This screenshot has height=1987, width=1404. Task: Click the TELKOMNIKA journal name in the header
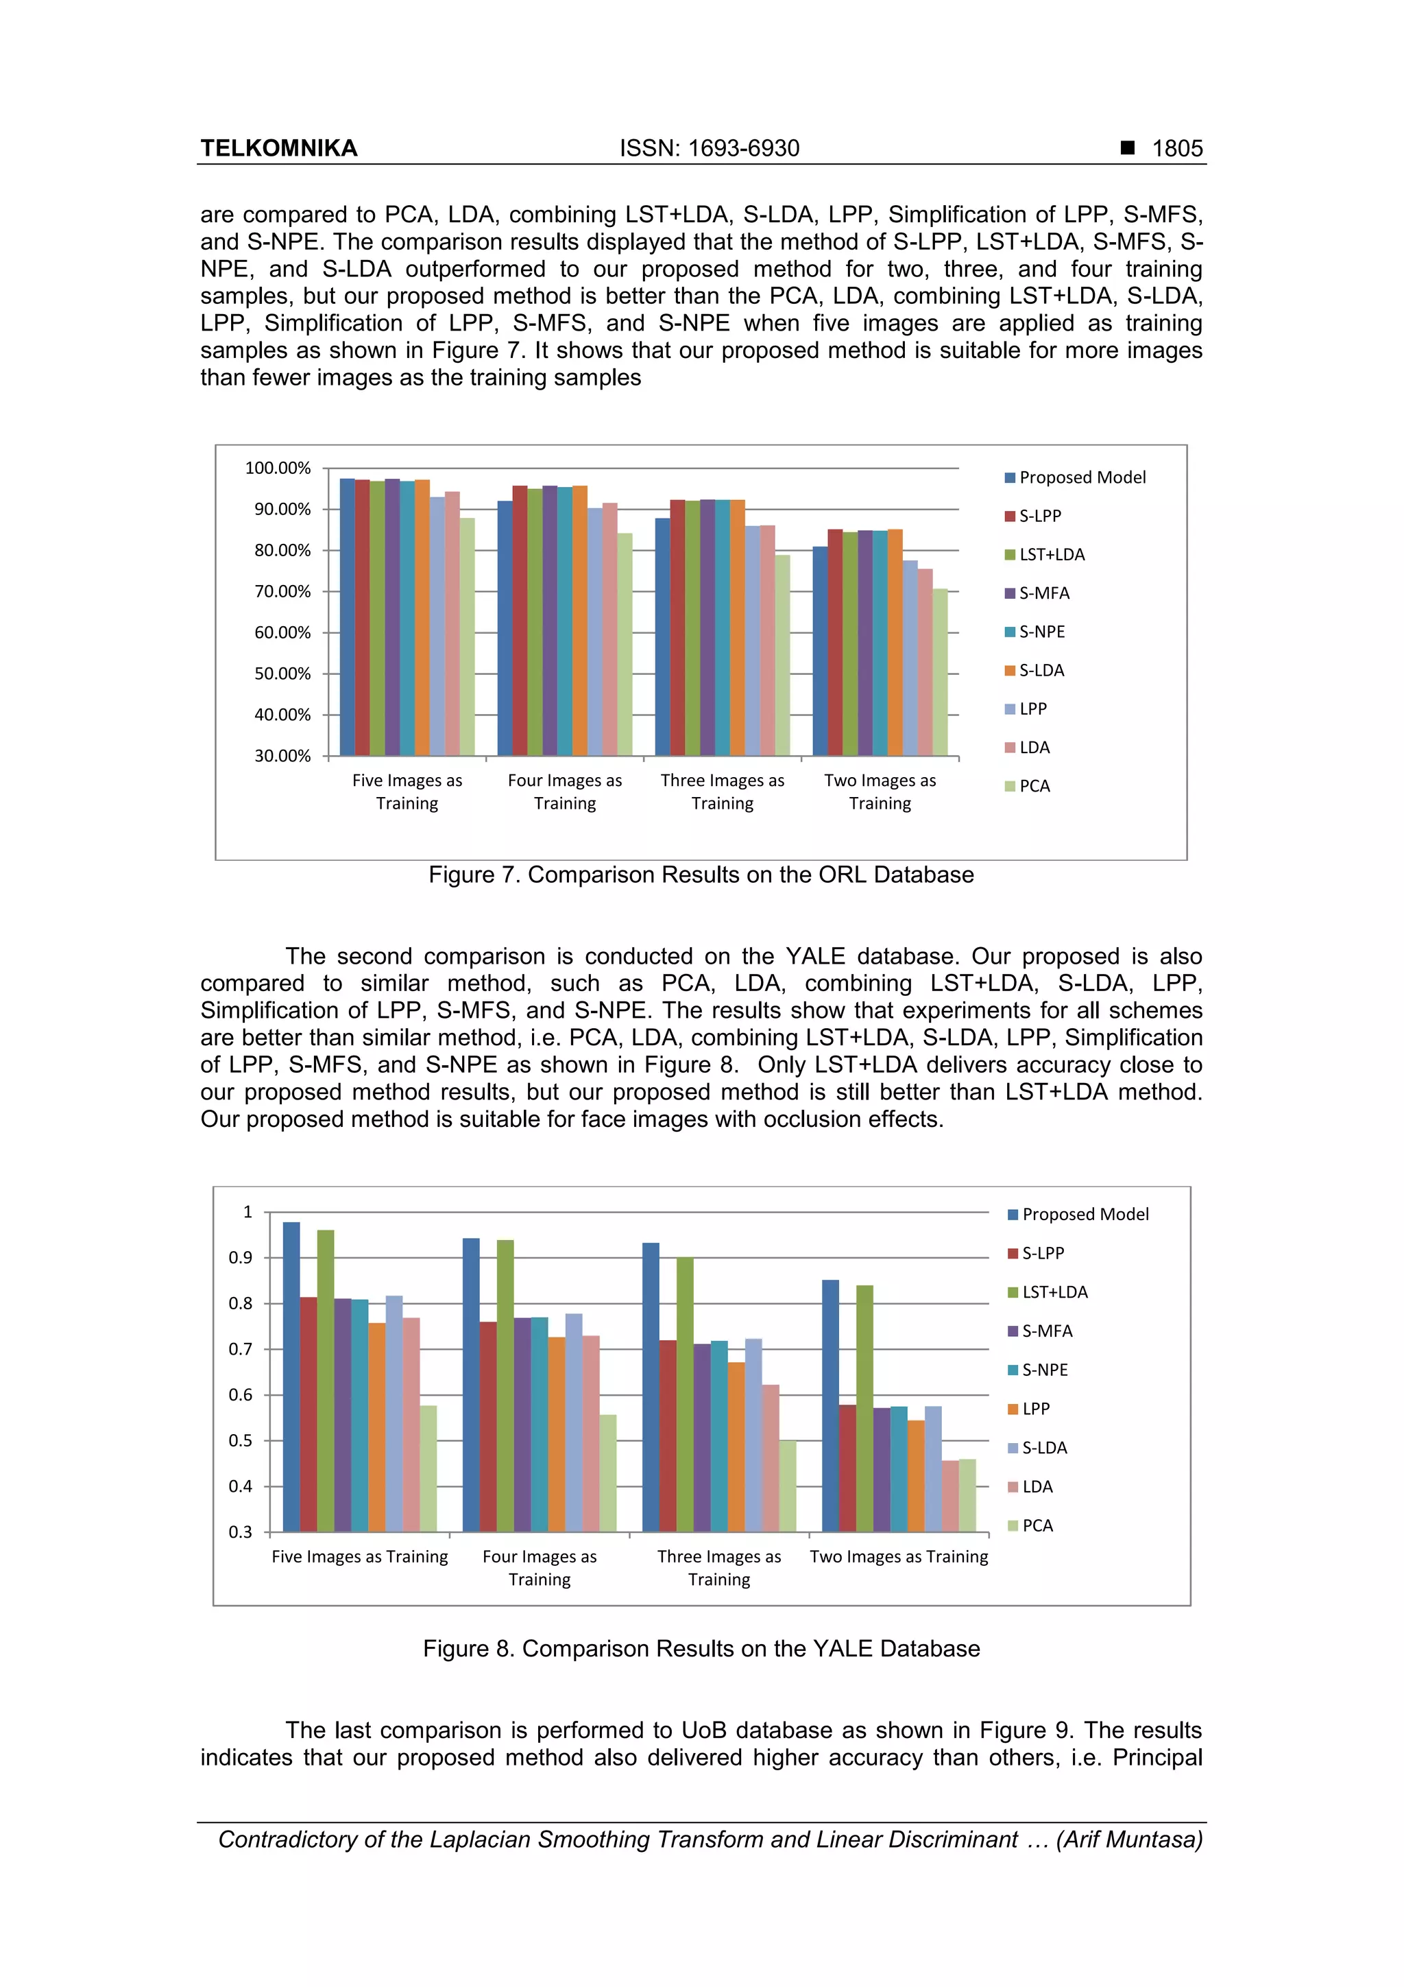[x=278, y=148]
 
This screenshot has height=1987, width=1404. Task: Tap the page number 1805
[x=1176, y=148]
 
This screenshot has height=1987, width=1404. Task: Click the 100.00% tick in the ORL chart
[x=278, y=468]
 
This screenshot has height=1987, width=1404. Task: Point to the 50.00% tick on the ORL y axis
[x=281, y=674]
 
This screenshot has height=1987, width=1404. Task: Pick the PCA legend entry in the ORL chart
[x=1034, y=786]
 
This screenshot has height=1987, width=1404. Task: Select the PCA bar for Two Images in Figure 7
[x=941, y=671]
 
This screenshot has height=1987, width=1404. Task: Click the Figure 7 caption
[x=701, y=875]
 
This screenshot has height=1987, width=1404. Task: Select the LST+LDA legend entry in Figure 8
[x=1054, y=1292]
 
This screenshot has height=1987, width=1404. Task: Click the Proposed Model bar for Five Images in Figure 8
[x=291, y=1376]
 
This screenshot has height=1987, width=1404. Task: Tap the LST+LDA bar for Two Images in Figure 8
[x=864, y=1408]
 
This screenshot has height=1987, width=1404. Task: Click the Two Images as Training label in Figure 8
[x=898, y=1557]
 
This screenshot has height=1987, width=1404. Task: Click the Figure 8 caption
[x=701, y=1649]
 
